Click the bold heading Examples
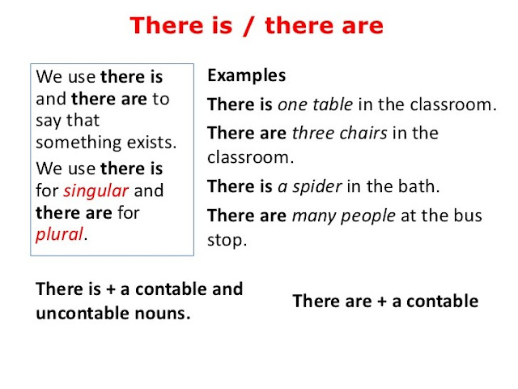point(246,76)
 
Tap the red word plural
point(60,235)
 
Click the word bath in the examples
point(419,187)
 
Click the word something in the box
point(76,143)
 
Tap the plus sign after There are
point(377,301)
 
